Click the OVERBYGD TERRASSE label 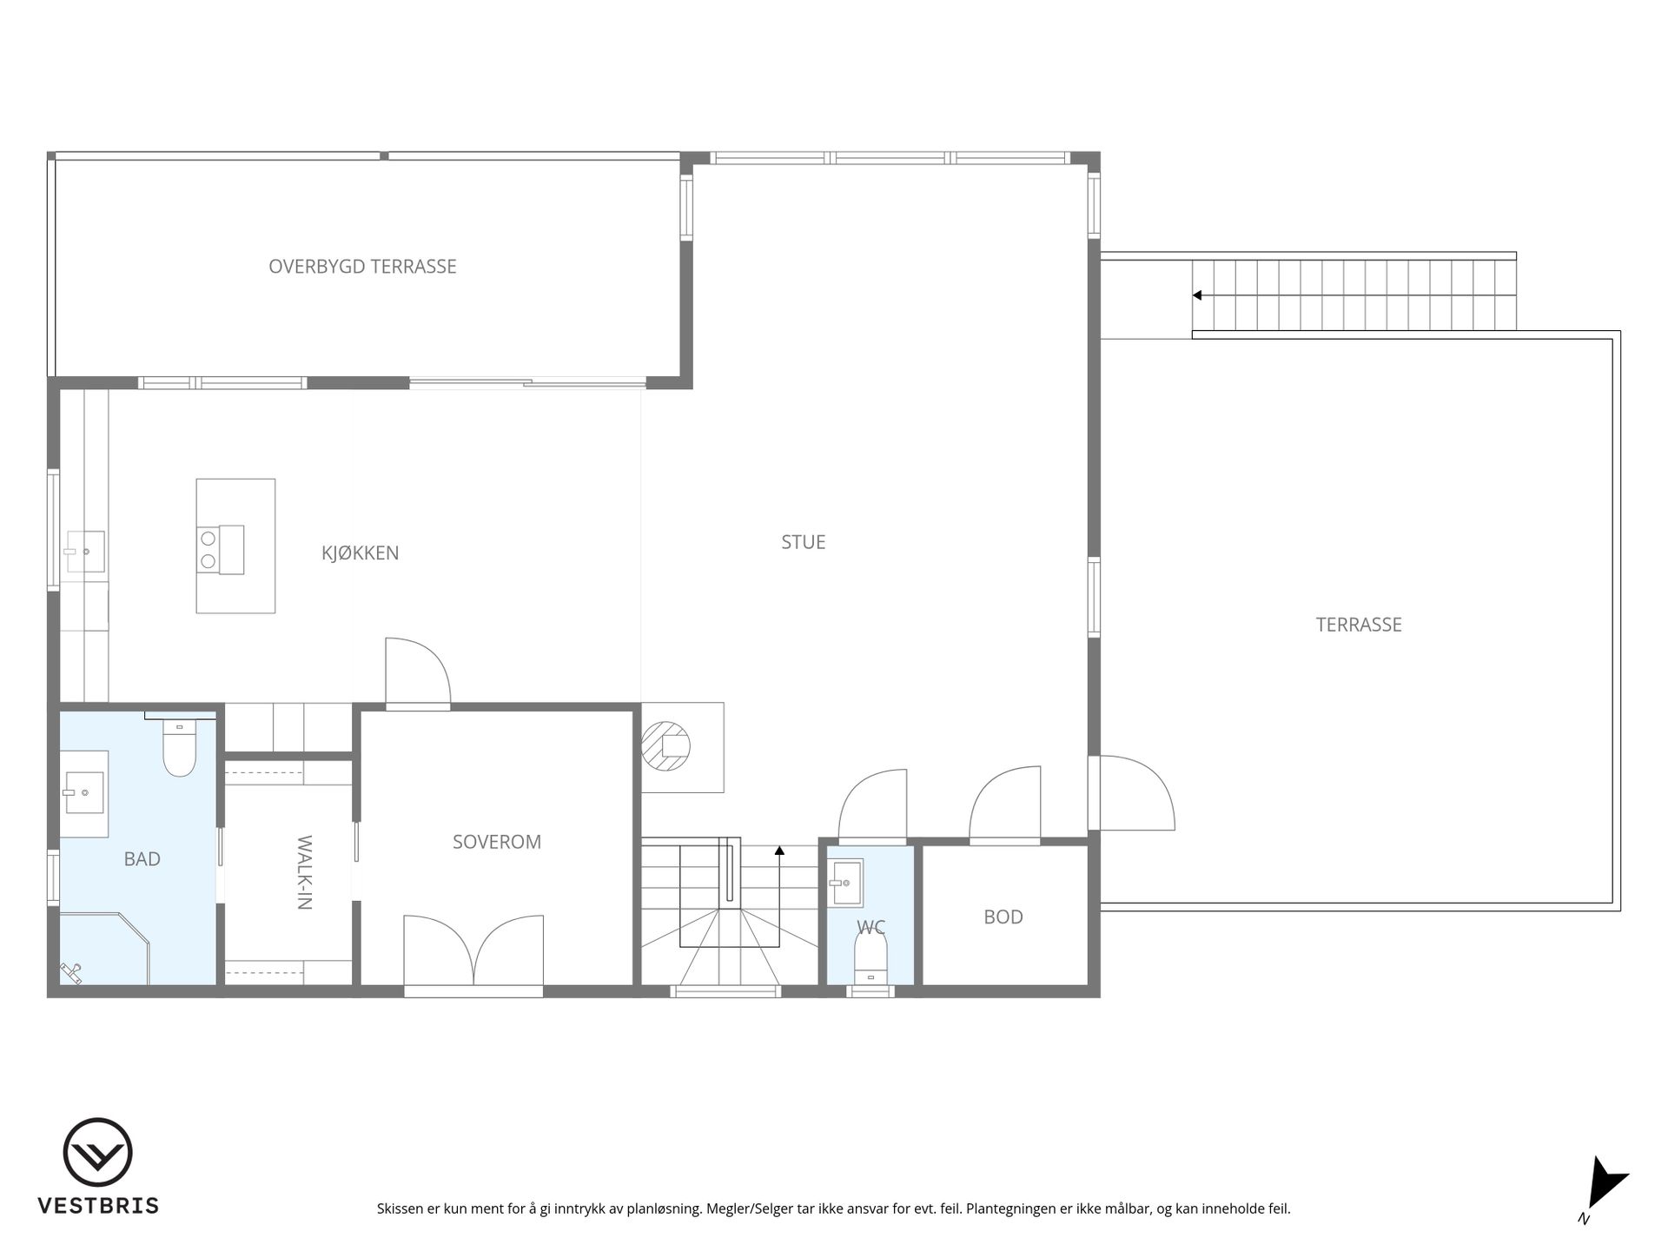tap(362, 267)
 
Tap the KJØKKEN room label tap(361, 553)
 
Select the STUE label tap(804, 542)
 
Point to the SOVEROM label tap(497, 842)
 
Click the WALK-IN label tap(304, 872)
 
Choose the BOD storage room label tap(1003, 917)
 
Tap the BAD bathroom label tap(142, 859)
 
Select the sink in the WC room tap(844, 883)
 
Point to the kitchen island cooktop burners tap(208, 550)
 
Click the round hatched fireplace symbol tap(666, 746)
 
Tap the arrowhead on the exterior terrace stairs tap(1196, 295)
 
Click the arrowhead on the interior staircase tap(779, 851)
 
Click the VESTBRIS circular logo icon tap(98, 1152)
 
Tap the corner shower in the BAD tap(104, 948)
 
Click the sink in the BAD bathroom tap(85, 793)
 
